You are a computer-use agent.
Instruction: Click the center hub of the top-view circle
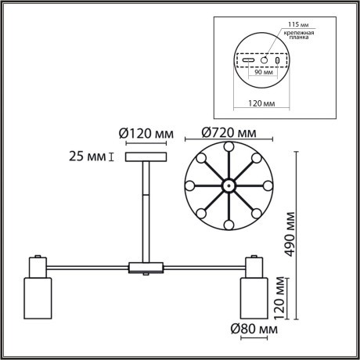click(227, 186)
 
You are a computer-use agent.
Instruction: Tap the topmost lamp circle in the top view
click(227, 146)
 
